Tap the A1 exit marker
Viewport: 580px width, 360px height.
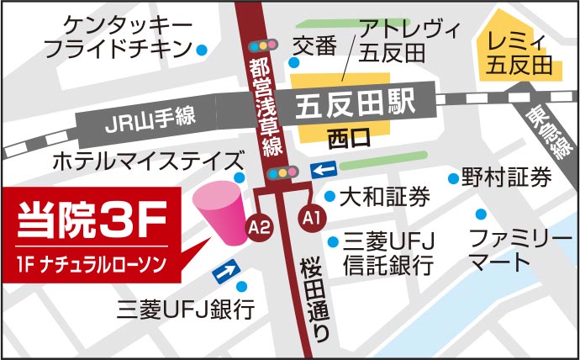(312, 218)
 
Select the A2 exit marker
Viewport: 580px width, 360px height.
(258, 225)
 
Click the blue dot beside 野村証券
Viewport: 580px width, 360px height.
(454, 177)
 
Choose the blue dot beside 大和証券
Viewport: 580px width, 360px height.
(330, 197)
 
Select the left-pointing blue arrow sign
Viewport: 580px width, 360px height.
(323, 171)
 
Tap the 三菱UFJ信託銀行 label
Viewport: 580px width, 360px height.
(388, 255)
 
